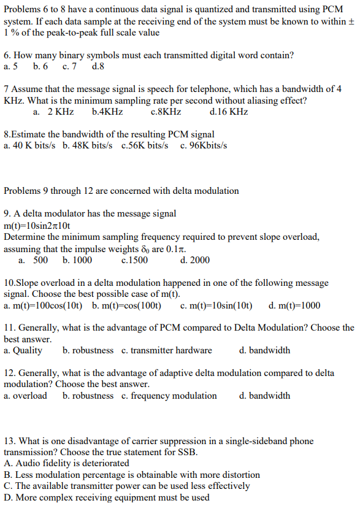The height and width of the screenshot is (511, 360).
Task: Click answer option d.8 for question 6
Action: [x=98, y=66]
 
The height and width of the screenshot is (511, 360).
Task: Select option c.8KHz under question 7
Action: [x=166, y=112]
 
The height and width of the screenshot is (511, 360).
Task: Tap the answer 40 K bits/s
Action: [x=29, y=145]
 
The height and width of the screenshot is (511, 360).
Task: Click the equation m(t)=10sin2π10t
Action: [x=41, y=225]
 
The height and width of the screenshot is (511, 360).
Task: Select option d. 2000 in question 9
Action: [x=195, y=260]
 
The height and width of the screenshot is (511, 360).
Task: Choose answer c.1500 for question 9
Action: [x=135, y=260]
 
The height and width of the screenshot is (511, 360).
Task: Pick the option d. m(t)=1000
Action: [x=294, y=305]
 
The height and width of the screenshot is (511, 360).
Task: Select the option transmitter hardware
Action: [x=167, y=350]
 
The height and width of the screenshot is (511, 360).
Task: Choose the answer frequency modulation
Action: [x=169, y=396]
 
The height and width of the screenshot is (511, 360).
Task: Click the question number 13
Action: [x=9, y=441]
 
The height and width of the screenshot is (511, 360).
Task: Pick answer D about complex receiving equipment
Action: [x=106, y=497]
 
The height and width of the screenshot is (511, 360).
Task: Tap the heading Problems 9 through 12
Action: [x=121, y=191]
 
